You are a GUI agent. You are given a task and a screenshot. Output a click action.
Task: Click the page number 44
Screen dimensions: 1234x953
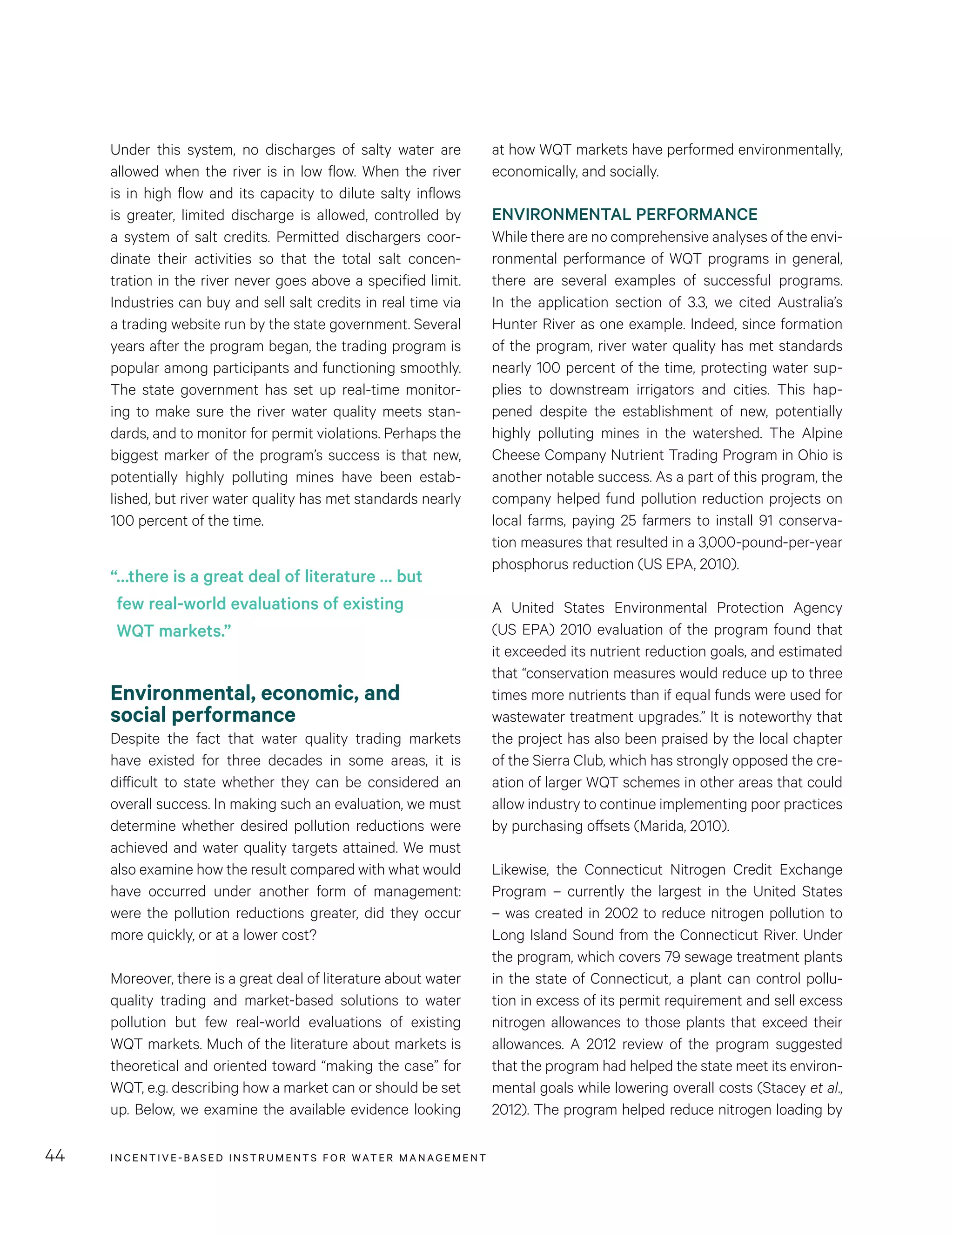point(55,1155)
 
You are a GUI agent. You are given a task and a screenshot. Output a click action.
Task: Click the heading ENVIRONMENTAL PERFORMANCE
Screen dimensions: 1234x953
point(624,215)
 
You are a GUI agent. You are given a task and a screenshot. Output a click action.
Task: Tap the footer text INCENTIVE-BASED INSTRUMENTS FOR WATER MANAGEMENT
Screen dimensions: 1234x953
point(298,1158)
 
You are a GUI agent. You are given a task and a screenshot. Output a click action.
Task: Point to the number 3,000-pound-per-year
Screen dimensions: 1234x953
point(771,542)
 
